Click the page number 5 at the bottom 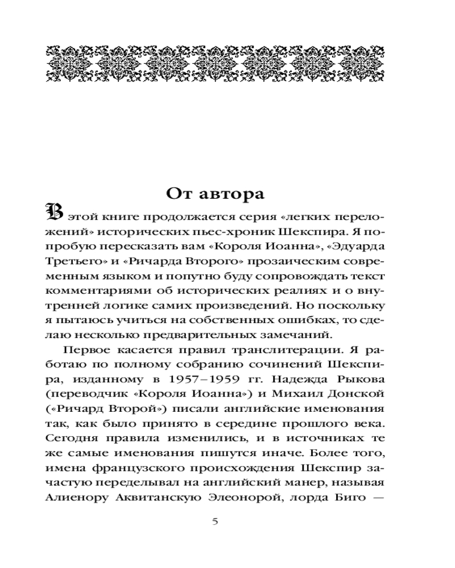(214, 521)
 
